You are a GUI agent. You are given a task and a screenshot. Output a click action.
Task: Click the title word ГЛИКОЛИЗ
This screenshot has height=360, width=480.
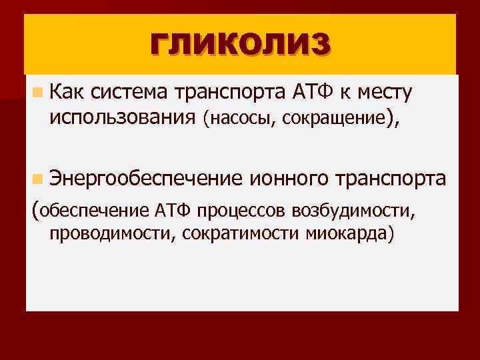[x=240, y=46]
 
